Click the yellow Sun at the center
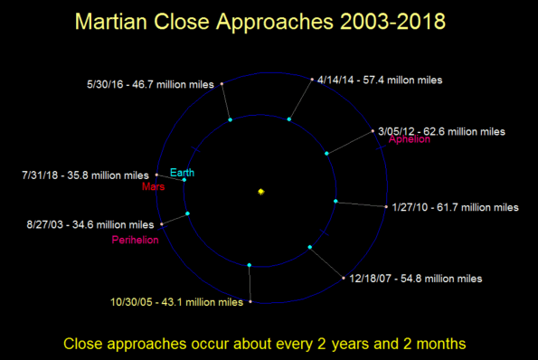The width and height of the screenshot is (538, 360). coord(260,192)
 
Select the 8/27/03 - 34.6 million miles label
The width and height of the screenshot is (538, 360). coord(80,224)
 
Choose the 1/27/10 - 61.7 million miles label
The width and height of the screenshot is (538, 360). coord(455,207)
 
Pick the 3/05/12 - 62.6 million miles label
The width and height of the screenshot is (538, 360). coord(441,131)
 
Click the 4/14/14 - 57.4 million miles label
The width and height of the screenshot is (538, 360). coord(380,81)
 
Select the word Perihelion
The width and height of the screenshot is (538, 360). coord(136,240)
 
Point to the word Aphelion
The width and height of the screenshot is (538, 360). coord(411,140)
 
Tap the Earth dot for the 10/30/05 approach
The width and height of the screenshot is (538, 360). coord(249,265)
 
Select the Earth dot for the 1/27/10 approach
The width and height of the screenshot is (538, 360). coord(335,201)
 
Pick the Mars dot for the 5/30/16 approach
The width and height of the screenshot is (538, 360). coord(222,85)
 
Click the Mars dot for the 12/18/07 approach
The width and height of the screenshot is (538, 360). coord(343,276)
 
